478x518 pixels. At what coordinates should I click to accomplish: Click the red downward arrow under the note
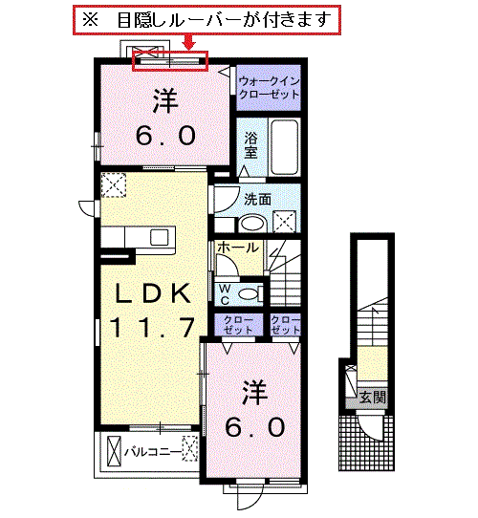tap(189, 43)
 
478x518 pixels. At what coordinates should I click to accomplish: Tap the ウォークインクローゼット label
tap(269, 88)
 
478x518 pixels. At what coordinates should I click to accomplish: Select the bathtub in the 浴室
tap(284, 147)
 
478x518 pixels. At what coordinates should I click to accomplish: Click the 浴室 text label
tap(250, 145)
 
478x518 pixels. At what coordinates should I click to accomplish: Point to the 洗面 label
tap(257, 200)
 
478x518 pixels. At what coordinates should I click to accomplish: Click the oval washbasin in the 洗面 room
tap(253, 224)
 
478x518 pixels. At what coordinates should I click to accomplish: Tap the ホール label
tap(238, 248)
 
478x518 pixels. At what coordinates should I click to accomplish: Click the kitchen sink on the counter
tap(160, 237)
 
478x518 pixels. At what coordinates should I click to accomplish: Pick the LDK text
tap(152, 293)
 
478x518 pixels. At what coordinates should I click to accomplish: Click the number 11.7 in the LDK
tap(152, 327)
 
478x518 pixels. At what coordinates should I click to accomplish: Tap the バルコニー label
tap(153, 452)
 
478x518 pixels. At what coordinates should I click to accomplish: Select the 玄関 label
tap(373, 397)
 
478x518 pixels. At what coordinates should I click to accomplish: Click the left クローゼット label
tap(238, 325)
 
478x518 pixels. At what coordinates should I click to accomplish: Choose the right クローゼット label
tap(285, 325)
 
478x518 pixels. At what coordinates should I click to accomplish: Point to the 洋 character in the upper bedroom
tap(165, 99)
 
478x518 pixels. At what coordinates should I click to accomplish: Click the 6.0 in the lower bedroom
tap(255, 427)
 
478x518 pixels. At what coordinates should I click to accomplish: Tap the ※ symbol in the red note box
tap(90, 20)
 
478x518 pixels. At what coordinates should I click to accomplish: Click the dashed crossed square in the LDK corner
tap(114, 185)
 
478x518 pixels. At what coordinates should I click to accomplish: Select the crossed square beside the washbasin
tap(284, 222)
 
